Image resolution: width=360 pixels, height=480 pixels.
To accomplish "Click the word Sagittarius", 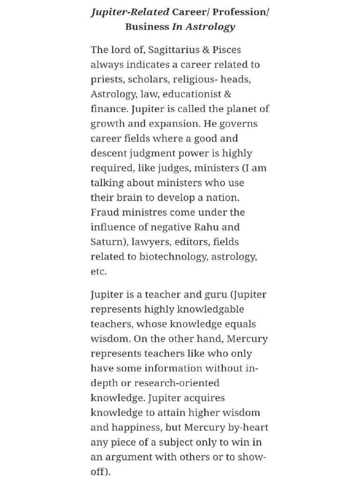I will [158, 50].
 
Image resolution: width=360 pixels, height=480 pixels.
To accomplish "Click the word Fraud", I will [105, 212].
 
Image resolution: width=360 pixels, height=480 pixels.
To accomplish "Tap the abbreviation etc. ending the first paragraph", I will [98, 272].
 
